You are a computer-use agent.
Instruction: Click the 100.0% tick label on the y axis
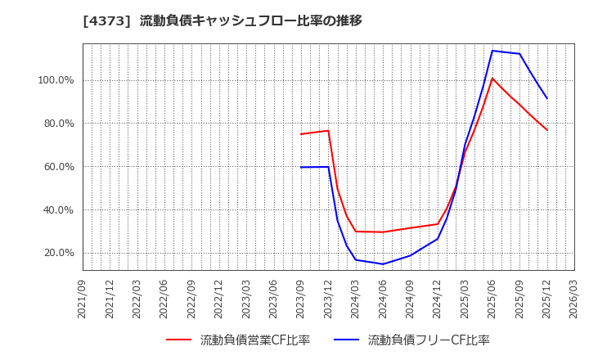(55, 80)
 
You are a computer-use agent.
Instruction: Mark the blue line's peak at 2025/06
(492, 51)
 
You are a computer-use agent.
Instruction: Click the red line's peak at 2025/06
(492, 79)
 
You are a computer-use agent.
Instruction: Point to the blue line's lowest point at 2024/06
(383, 263)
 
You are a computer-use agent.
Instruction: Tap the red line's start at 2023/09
(301, 134)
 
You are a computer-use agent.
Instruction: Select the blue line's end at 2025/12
(547, 98)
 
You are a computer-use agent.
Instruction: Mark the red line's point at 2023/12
(328, 130)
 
